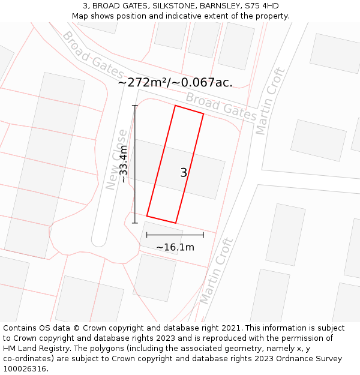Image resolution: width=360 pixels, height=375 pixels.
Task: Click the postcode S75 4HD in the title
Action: (x=262, y=6)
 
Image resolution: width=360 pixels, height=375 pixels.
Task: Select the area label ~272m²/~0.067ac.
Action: (x=175, y=82)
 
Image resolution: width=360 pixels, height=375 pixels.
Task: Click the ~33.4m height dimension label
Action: (x=124, y=164)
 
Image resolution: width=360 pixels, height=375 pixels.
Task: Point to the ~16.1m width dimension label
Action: (x=175, y=247)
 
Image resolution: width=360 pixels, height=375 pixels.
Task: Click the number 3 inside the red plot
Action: (x=184, y=173)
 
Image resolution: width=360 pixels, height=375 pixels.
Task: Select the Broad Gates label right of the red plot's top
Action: (x=221, y=106)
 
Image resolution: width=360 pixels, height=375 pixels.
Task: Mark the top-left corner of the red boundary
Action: (x=175, y=106)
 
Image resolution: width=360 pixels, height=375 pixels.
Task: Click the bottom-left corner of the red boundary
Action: (x=147, y=216)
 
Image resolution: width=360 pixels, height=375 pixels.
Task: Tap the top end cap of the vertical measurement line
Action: (x=135, y=106)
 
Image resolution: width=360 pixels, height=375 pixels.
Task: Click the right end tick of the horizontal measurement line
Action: (x=203, y=235)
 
